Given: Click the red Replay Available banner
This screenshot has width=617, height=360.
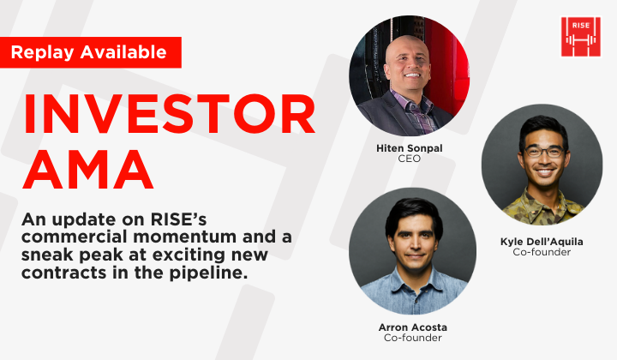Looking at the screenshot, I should pyautogui.click(x=90, y=52).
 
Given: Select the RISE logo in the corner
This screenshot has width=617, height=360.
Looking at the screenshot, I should pyautogui.click(x=580, y=37).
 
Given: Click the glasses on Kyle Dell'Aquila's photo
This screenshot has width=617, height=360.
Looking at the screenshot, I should pyautogui.click(x=544, y=152).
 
